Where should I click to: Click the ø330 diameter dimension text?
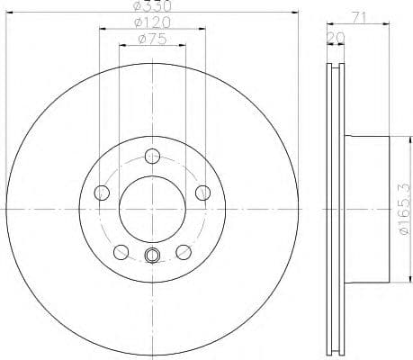[x=150, y=7]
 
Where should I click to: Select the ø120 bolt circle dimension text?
[x=150, y=22]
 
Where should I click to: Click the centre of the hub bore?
[x=151, y=208]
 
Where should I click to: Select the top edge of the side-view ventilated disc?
[x=335, y=62]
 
